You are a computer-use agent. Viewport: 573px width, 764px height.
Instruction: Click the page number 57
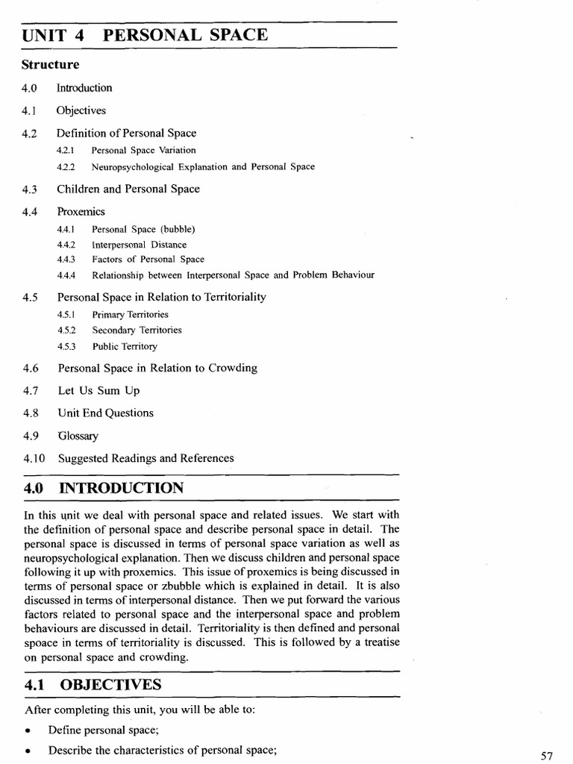tap(547, 756)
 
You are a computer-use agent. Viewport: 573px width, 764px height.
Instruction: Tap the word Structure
tap(49, 64)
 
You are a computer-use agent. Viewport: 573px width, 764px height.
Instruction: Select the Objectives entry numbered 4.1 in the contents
tap(81, 110)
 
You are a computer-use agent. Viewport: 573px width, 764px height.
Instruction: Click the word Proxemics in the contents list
tap(81, 212)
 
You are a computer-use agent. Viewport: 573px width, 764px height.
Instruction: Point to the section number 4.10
tap(34, 458)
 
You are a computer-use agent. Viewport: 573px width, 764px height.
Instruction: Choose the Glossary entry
tap(78, 436)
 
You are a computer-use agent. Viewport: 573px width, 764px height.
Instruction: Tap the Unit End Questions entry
tap(105, 413)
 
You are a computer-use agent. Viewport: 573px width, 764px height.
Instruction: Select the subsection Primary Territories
tap(130, 314)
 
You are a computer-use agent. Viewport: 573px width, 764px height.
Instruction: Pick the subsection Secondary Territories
tap(137, 330)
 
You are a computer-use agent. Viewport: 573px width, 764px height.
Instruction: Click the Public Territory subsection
tap(125, 346)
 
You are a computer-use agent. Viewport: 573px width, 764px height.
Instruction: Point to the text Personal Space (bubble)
tap(143, 229)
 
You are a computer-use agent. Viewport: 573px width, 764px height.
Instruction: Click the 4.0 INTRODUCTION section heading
tap(104, 489)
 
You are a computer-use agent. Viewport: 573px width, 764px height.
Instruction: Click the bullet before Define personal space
tap(26, 730)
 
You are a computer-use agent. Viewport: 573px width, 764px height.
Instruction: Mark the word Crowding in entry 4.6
tap(233, 368)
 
